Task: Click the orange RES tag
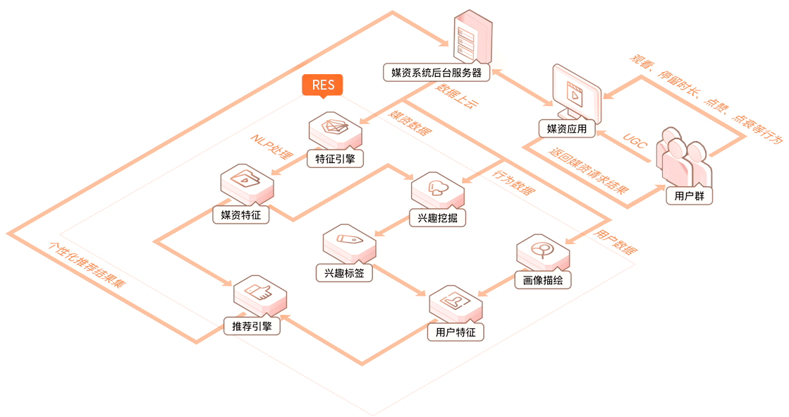point(323,85)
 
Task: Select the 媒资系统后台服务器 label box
point(436,72)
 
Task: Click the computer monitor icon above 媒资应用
point(576,92)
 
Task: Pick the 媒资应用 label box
point(567,129)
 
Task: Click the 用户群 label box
point(690,196)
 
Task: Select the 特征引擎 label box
point(336,159)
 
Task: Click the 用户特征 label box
point(456,332)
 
